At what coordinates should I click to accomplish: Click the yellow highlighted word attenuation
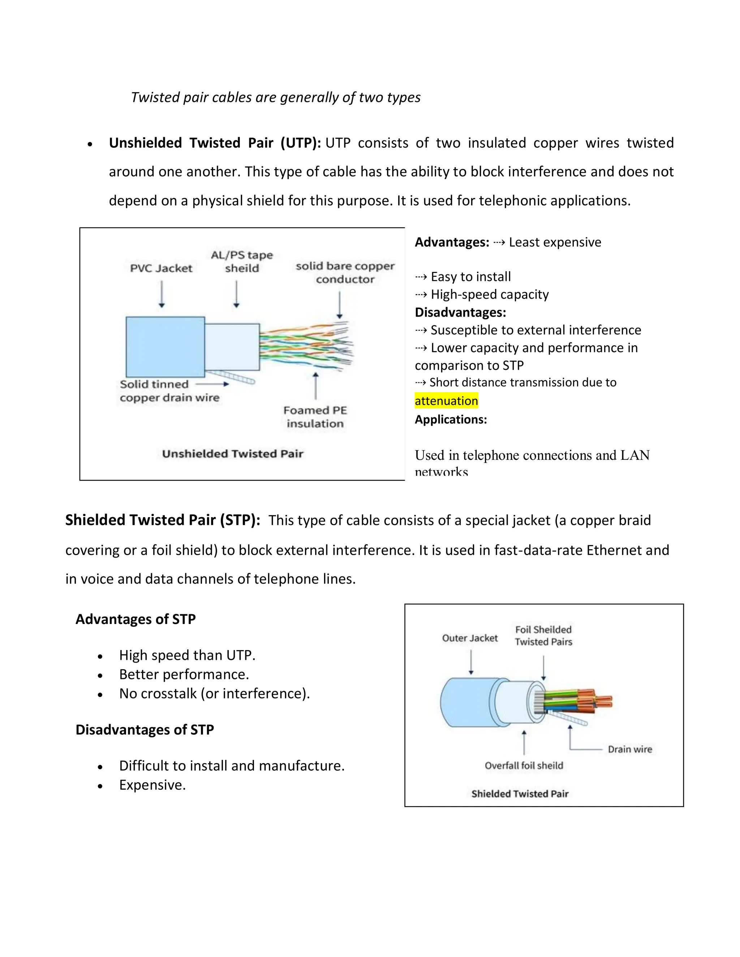coord(446,400)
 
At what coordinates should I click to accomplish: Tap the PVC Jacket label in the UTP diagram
coord(161,268)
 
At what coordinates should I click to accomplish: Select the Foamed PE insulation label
coord(315,417)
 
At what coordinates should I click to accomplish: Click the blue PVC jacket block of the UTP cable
coord(165,347)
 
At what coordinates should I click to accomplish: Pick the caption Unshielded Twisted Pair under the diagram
coord(232,454)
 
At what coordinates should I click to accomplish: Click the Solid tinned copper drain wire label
coord(169,391)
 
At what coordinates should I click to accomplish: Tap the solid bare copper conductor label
coord(345,273)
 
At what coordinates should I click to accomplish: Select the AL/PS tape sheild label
coord(242,261)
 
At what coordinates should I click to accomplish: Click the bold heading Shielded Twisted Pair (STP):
coord(163,520)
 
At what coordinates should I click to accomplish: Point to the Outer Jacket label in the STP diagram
coord(469,638)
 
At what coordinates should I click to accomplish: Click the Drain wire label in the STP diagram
coord(629,749)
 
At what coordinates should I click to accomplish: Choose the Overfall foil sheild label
coord(524,766)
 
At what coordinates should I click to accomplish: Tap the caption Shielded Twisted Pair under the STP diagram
coord(520,793)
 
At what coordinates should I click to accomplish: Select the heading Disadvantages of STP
coord(145,729)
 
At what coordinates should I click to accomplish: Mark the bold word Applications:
coord(451,419)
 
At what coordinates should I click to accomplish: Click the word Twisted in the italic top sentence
coord(155,97)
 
